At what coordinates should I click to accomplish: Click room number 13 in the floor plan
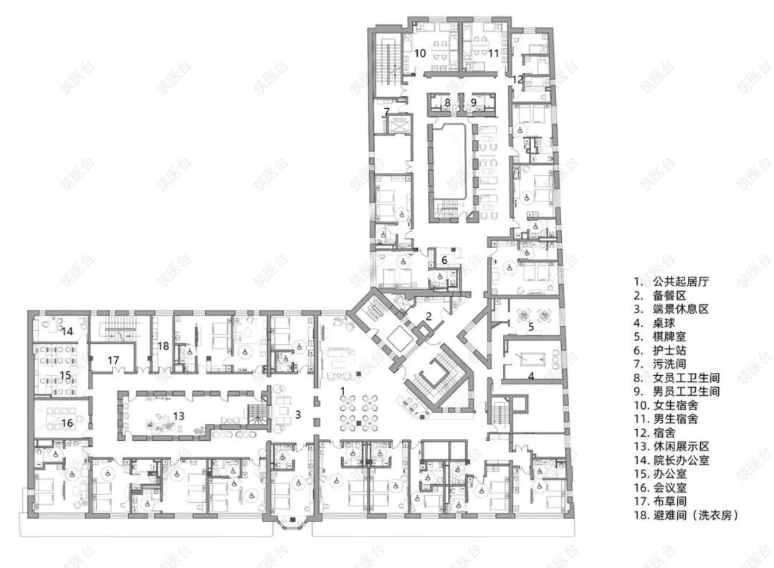coord(178,416)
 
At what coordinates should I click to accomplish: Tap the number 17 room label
coord(113,360)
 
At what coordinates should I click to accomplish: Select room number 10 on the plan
coord(420,52)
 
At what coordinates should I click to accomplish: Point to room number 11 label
coord(494,53)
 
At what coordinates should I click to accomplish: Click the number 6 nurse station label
coord(444,260)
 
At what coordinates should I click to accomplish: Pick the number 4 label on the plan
coord(531,376)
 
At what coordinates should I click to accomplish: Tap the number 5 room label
coord(531,326)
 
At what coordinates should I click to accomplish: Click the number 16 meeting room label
coord(67,423)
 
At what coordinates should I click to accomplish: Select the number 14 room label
coord(67,331)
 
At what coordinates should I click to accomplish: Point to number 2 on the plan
coord(429,316)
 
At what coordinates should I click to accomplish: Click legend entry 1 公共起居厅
coord(672,282)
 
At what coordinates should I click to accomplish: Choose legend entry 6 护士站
coord(660,351)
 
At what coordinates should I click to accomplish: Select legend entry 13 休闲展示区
coord(672,447)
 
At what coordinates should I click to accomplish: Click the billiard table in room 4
coord(530,358)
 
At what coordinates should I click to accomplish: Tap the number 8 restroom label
coord(447,103)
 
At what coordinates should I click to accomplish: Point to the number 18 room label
coord(163,346)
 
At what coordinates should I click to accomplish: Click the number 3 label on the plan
coord(297,415)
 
